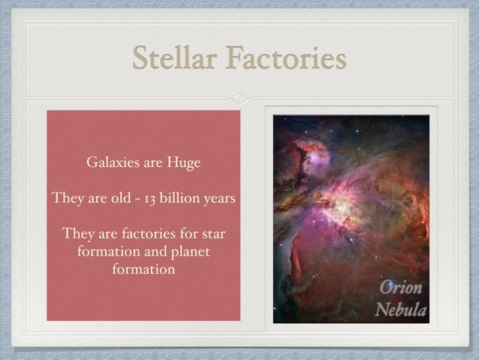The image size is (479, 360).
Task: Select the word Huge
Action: click(182, 162)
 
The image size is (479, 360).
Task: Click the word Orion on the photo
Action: click(400, 288)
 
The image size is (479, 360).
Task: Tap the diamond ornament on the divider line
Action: click(239, 98)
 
